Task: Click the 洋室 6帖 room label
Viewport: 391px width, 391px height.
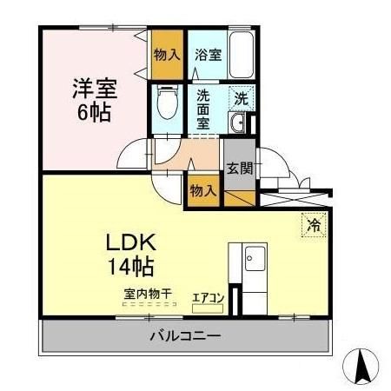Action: click(x=94, y=101)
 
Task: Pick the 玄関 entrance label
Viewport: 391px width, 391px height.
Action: click(x=240, y=169)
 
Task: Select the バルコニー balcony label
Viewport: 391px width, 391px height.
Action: click(x=185, y=335)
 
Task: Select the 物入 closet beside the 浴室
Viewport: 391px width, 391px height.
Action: click(x=166, y=54)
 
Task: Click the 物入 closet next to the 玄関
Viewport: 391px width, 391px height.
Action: click(x=203, y=189)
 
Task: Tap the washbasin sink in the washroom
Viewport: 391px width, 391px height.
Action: click(x=240, y=123)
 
